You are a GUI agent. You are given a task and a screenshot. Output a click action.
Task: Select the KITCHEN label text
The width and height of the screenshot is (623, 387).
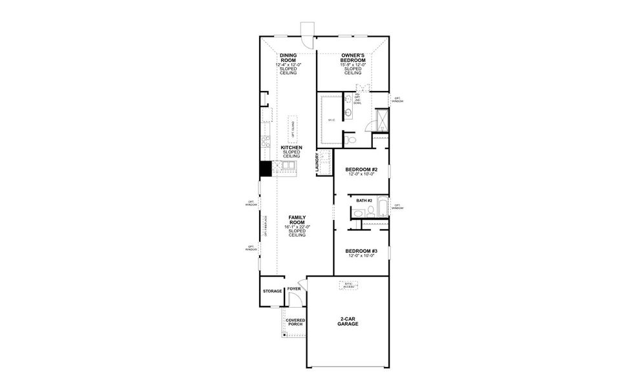[x=291, y=148]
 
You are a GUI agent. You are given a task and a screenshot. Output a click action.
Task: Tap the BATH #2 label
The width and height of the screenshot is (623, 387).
[x=364, y=201]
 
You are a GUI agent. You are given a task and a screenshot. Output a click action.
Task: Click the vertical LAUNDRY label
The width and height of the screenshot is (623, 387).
[x=318, y=163]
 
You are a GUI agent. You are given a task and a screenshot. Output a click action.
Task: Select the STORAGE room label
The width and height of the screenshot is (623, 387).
[x=272, y=292]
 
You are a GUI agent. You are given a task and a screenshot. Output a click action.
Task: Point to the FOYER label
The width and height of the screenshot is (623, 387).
[x=295, y=289]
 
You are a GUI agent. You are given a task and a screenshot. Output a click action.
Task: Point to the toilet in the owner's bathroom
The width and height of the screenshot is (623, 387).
[x=350, y=139]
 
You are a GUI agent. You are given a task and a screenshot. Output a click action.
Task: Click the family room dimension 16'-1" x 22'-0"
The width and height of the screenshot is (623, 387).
[x=297, y=227]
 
